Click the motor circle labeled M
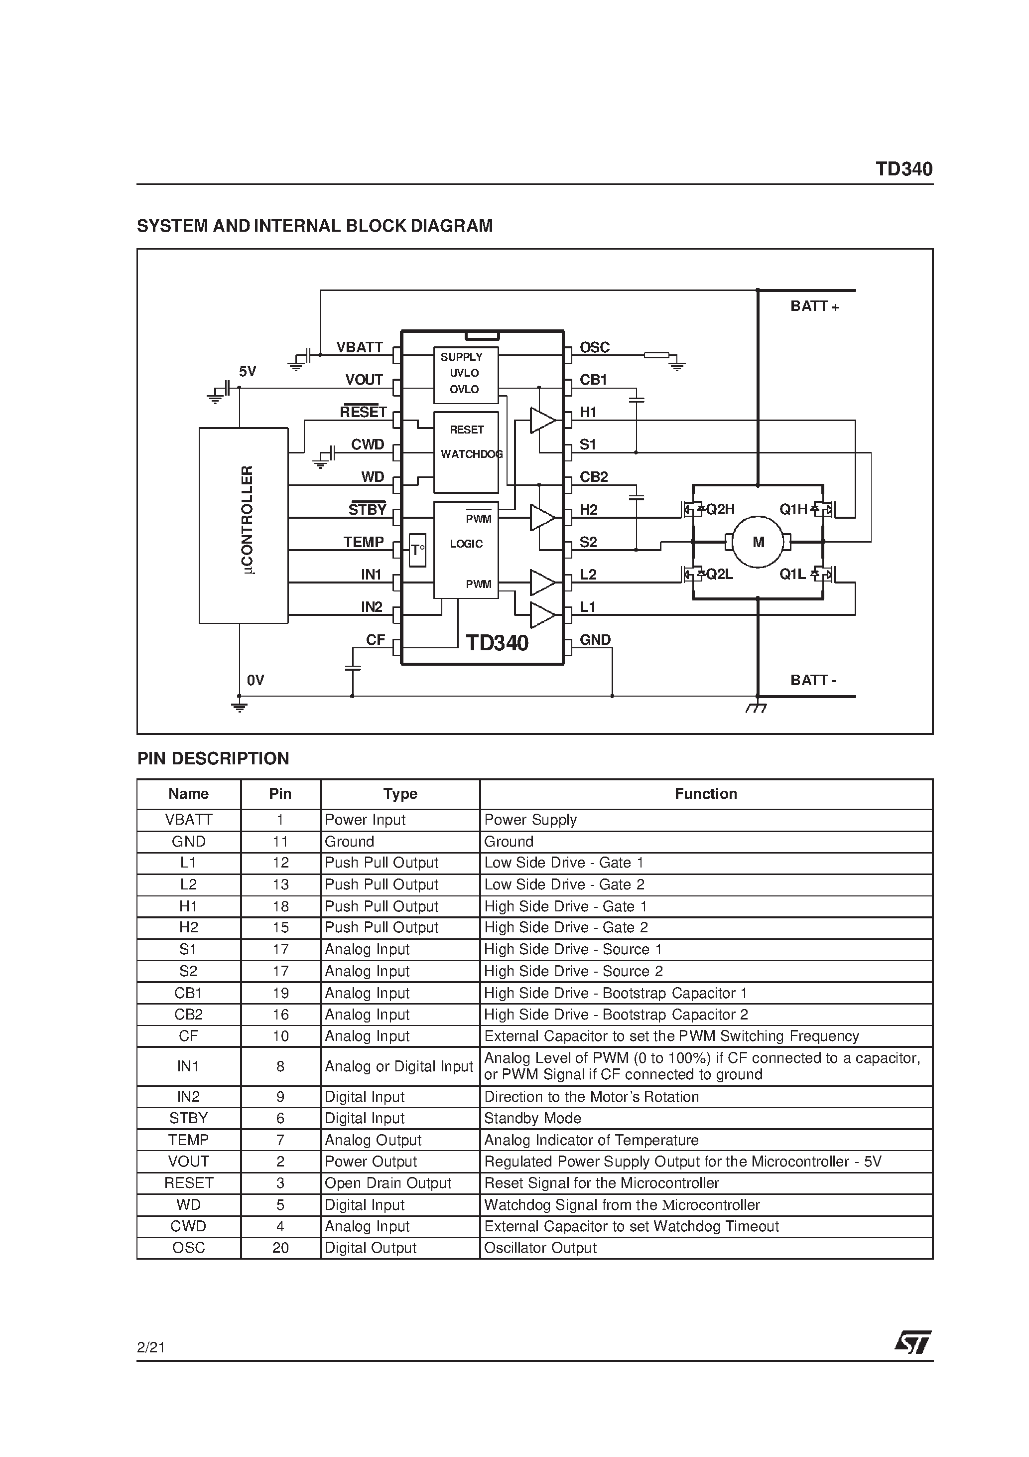pyautogui.click(x=758, y=542)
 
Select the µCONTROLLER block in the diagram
pyautogui.click(x=244, y=525)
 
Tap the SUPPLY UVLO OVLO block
pyautogui.click(x=466, y=374)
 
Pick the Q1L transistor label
pyautogui.click(x=792, y=575)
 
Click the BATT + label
pyautogui.click(x=814, y=306)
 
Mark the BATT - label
pyautogui.click(x=813, y=680)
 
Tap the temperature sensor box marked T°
pyautogui.click(x=417, y=550)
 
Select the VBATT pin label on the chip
pyautogui.click(x=360, y=347)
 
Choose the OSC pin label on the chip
pyautogui.click(x=594, y=347)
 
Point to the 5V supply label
pyautogui.click(x=248, y=371)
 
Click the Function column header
pyautogui.click(x=705, y=794)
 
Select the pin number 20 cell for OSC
pyautogui.click(x=280, y=1248)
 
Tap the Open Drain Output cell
pyautogui.click(x=387, y=1183)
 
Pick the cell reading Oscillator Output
pyautogui.click(x=540, y=1248)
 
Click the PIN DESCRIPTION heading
pyautogui.click(x=213, y=758)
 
